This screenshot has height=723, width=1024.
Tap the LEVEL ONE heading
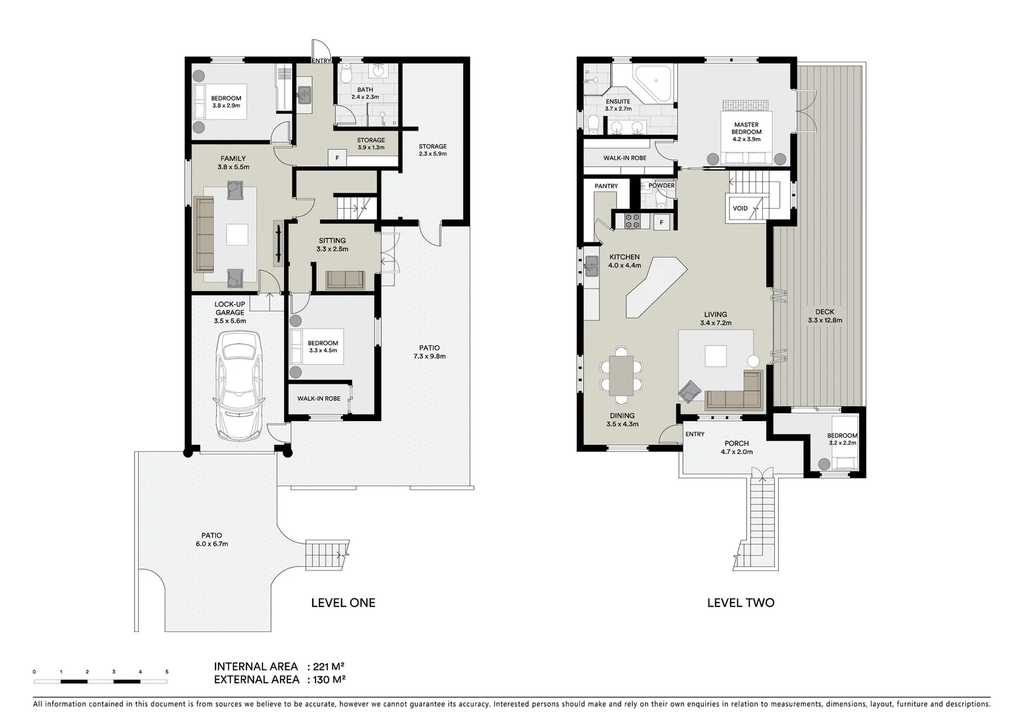[343, 602]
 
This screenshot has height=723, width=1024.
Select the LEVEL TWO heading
[741, 602]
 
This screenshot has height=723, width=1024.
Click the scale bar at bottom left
[100, 681]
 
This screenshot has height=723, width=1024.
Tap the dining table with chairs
[621, 376]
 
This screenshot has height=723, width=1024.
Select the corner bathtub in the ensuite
[654, 84]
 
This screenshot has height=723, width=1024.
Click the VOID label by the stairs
[740, 208]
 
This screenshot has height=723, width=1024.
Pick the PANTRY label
[606, 186]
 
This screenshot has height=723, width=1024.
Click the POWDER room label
[662, 185]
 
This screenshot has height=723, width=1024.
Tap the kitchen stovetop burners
[633, 220]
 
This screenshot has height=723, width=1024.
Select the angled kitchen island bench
[655, 287]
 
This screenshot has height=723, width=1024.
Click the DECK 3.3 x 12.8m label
[824, 316]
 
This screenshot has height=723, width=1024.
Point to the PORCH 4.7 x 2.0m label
[737, 447]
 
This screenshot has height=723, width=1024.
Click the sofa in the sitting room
[345, 280]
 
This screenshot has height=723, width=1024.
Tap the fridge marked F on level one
[337, 158]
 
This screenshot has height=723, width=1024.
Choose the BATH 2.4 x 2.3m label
[365, 93]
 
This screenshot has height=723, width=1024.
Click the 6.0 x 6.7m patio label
[212, 540]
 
